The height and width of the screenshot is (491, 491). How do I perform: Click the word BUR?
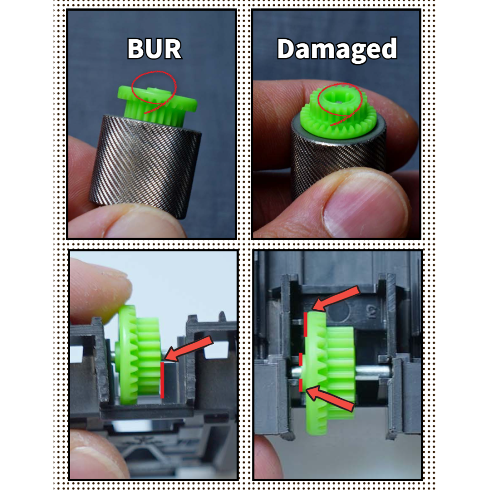(154, 49)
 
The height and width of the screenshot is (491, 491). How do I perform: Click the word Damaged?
(337, 50)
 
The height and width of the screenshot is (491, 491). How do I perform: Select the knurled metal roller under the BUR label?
(146, 166)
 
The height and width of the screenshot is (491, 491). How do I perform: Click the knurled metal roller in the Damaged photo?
(338, 160)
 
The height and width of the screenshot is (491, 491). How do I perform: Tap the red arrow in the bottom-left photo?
(188, 348)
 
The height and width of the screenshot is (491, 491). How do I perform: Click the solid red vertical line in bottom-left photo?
(162, 380)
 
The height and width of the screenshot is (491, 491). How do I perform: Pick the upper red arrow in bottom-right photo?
(336, 299)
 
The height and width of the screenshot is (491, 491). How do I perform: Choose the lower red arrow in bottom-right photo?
(330, 398)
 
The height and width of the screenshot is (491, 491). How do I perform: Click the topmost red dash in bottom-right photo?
(305, 325)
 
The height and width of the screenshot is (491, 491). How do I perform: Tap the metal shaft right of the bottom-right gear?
(373, 371)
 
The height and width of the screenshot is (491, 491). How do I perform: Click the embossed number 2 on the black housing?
(371, 312)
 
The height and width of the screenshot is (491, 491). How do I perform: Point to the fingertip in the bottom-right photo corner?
(266, 457)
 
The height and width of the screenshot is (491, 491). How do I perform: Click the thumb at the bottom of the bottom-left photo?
(97, 454)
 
